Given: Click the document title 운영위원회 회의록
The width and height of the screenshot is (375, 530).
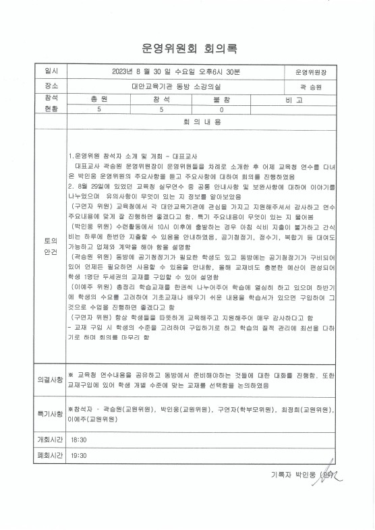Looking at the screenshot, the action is pyautogui.click(x=190, y=49).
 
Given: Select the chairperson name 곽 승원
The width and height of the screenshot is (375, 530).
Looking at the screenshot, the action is pyautogui.click(x=310, y=86).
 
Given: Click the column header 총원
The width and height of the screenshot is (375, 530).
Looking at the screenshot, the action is pyautogui.click(x=99, y=98).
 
